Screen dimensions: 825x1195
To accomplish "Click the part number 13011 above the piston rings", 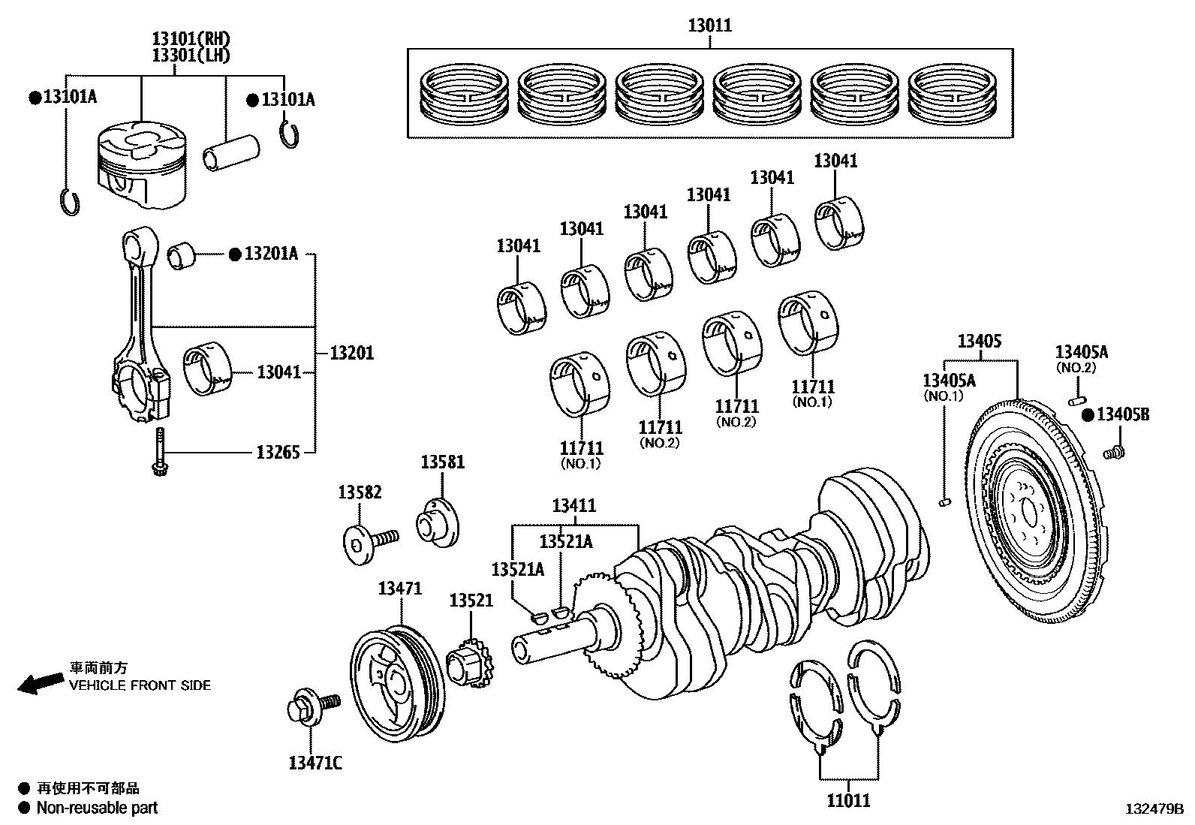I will pyautogui.click(x=709, y=26).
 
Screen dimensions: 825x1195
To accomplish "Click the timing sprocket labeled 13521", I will pyautogui.click(x=468, y=664).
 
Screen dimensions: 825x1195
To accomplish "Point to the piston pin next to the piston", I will pyautogui.click(x=230, y=153).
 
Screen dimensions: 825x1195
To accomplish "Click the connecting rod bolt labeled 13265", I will pyautogui.click(x=160, y=453).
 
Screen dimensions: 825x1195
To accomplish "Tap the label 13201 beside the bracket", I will pyautogui.click(x=352, y=352).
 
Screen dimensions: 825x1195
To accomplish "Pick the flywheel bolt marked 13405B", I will pyautogui.click(x=1113, y=452).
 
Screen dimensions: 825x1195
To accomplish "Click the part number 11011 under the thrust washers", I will pyautogui.click(x=849, y=800).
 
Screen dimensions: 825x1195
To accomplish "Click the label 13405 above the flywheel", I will pyautogui.click(x=979, y=341).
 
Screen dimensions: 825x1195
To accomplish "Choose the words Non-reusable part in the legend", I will pyautogui.click(x=98, y=808).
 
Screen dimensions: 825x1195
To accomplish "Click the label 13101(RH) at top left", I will pyautogui.click(x=191, y=39).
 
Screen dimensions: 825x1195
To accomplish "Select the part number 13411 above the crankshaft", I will pyautogui.click(x=574, y=505).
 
